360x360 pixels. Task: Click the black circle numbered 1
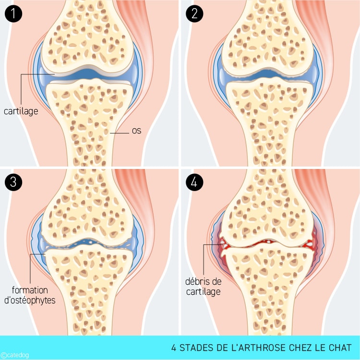[x=13, y=13]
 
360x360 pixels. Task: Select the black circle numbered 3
[x=13, y=182]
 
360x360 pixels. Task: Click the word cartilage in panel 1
[x=21, y=111]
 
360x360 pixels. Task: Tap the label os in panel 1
[x=136, y=130]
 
